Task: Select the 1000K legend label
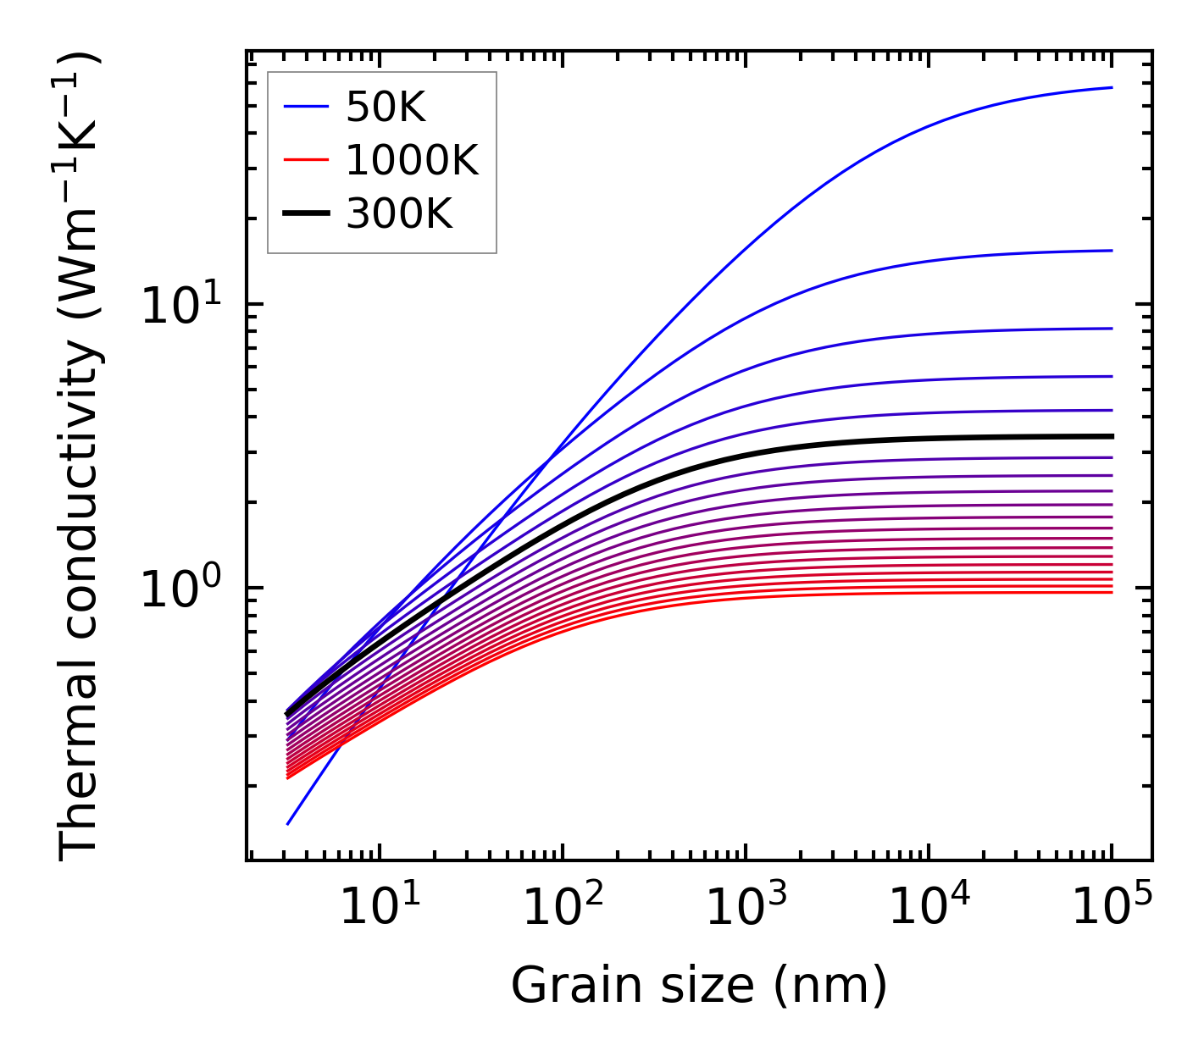pyautogui.click(x=412, y=160)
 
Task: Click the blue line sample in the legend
pyautogui.click(x=306, y=107)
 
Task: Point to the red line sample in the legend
pyautogui.click(x=306, y=160)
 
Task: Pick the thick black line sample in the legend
pyautogui.click(x=306, y=214)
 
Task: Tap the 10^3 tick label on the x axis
pyautogui.click(x=745, y=908)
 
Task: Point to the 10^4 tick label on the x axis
pyautogui.click(x=928, y=908)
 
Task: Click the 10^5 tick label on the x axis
pyautogui.click(x=1111, y=908)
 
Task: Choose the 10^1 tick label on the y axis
pyautogui.click(x=180, y=305)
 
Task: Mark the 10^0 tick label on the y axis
pyautogui.click(x=180, y=588)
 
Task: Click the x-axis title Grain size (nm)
pyautogui.click(x=699, y=986)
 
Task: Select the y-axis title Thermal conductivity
pyautogui.click(x=80, y=457)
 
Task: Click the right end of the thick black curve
pyautogui.click(x=1111, y=436)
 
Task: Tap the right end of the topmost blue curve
pyautogui.click(x=1111, y=87)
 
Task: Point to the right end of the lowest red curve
pyautogui.click(x=1111, y=592)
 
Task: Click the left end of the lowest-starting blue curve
pyautogui.click(x=288, y=823)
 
